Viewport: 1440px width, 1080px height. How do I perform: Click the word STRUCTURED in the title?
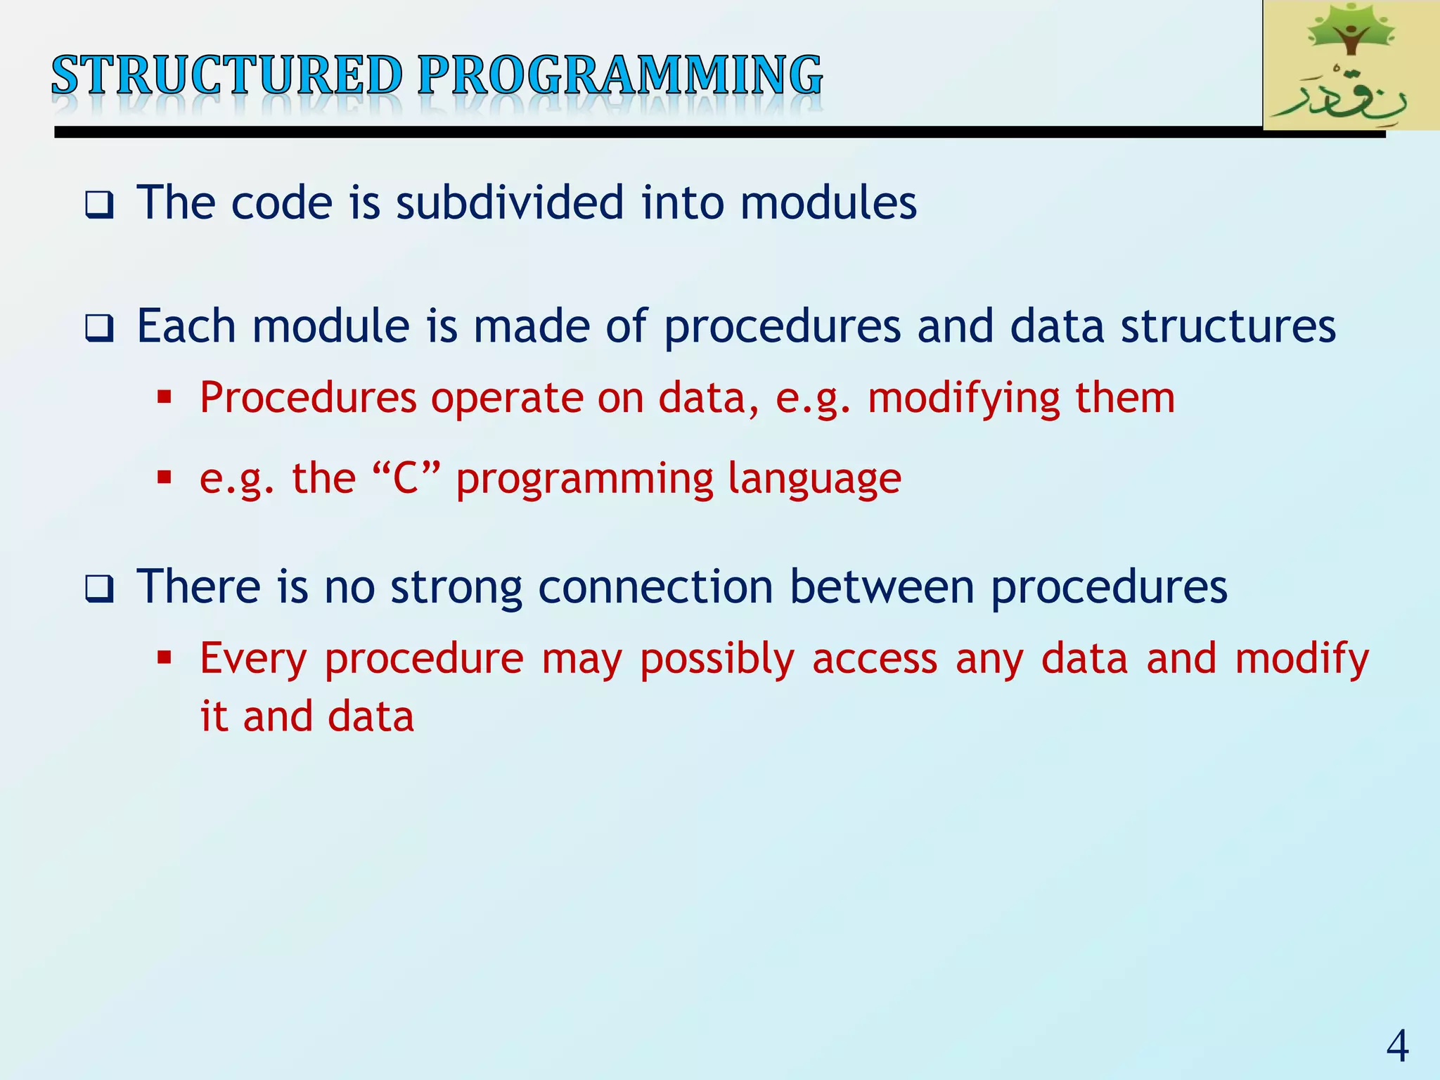pyautogui.click(x=226, y=75)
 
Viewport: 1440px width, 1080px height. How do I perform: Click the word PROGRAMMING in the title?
pyautogui.click(x=619, y=75)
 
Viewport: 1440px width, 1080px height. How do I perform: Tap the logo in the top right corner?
pyautogui.click(x=1350, y=65)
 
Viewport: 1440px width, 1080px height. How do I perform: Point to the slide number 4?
pyautogui.click(x=1397, y=1046)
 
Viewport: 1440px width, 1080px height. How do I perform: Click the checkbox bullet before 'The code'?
pyautogui.click(x=99, y=205)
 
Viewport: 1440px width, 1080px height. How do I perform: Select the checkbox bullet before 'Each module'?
pyautogui.click(x=99, y=328)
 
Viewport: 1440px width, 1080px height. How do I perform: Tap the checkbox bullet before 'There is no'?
pyautogui.click(x=99, y=589)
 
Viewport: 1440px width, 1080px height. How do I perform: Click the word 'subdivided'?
pyautogui.click(x=510, y=202)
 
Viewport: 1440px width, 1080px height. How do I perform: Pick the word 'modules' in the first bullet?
pyautogui.click(x=828, y=202)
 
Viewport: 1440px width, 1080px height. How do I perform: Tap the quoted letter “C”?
pyautogui.click(x=406, y=478)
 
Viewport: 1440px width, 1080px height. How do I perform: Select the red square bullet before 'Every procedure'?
pyautogui.click(x=165, y=659)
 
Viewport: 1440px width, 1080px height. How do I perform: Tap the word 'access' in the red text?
pyautogui.click(x=875, y=660)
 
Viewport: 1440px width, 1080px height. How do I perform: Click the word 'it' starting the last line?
pyautogui.click(x=214, y=716)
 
